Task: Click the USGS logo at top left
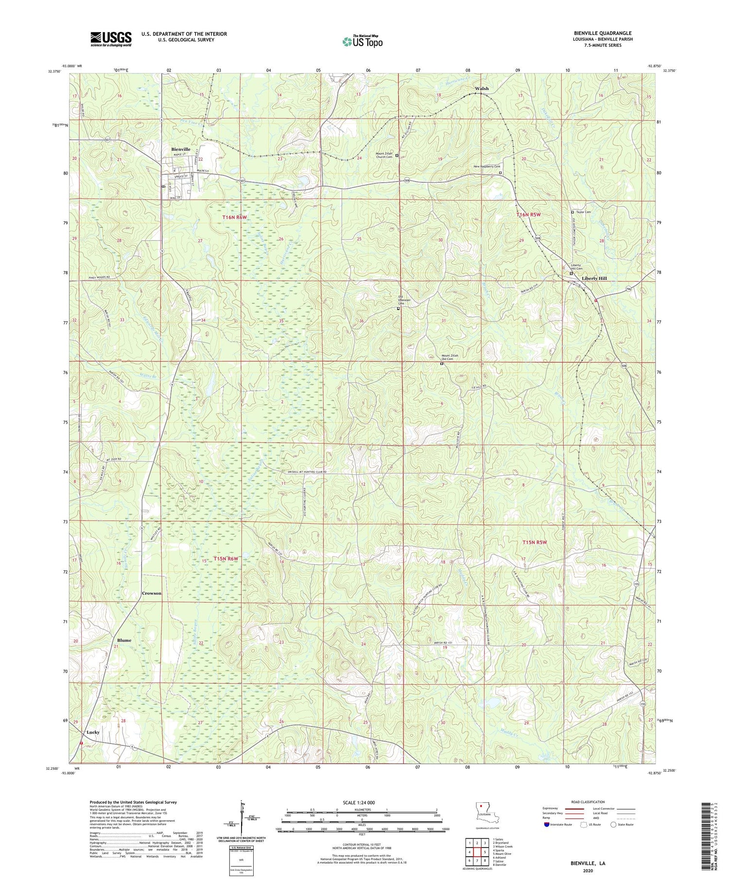point(111,39)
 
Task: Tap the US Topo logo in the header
point(362,41)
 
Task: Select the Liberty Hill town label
point(594,278)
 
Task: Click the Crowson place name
point(152,593)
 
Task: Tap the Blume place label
point(124,640)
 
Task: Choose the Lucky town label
point(93,732)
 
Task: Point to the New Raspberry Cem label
point(487,167)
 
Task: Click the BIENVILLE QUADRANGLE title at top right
point(603,33)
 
